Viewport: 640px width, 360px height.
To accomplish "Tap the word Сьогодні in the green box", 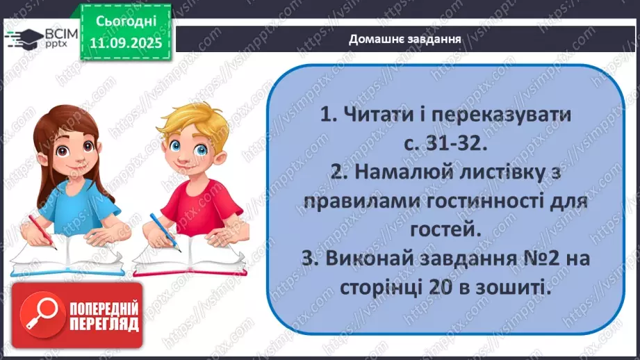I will point(126,23).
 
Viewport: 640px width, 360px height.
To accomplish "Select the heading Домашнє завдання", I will point(405,39).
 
